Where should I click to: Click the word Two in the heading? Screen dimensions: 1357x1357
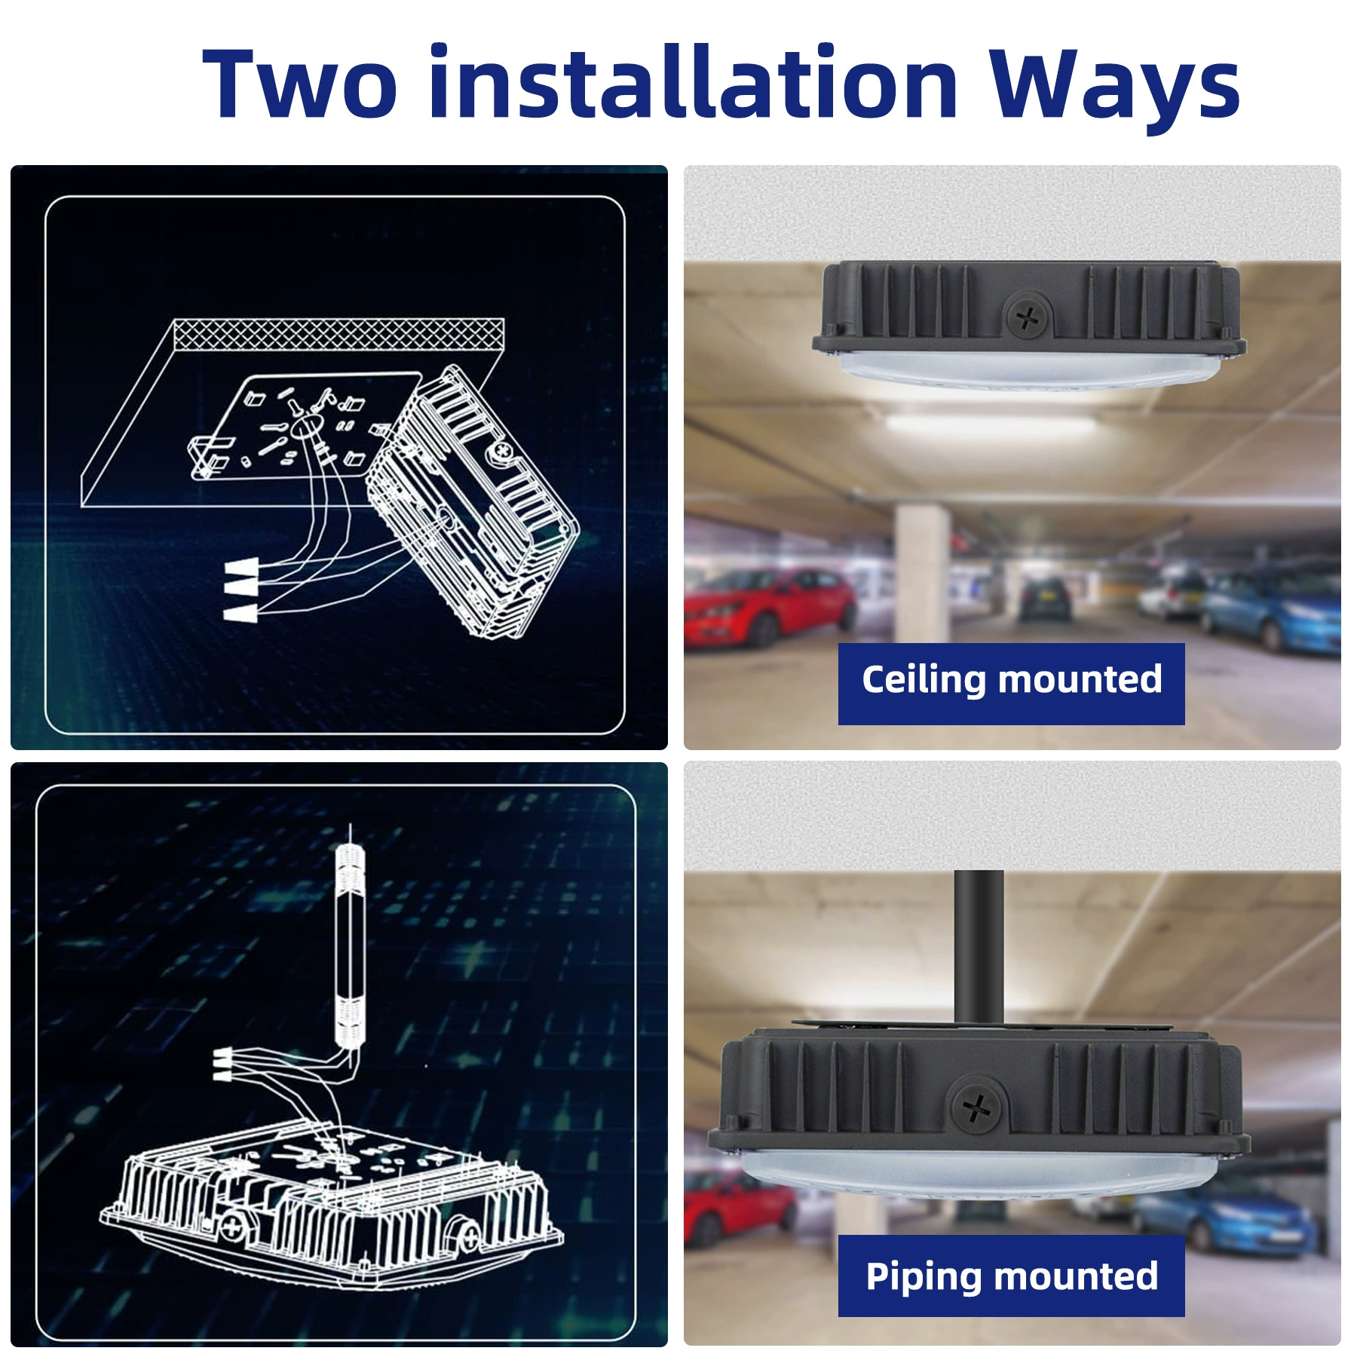pos(299,82)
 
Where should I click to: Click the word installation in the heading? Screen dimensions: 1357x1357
pos(693,81)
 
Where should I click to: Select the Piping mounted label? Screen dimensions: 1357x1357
pos(1012,1276)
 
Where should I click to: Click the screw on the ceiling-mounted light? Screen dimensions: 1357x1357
pos(1027,317)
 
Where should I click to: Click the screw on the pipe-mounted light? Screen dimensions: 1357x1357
pos(976,1107)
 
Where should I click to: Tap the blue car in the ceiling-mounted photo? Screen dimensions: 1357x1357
pos(1274,609)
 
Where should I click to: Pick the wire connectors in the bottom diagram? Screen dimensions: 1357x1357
pos(222,1063)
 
